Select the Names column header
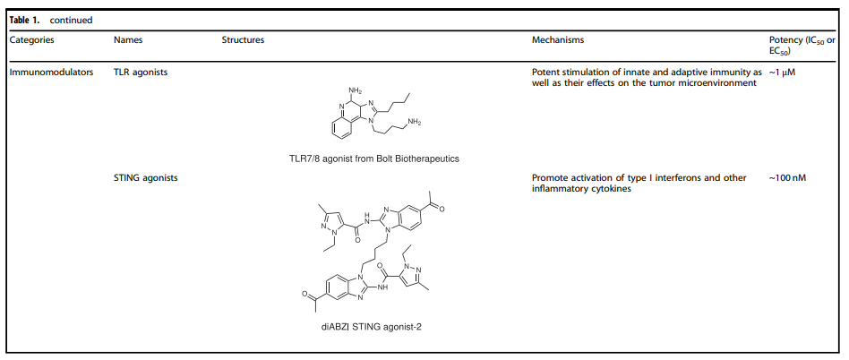coord(129,40)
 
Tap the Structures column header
coord(243,40)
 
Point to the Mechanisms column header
coord(558,40)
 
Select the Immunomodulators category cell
coord(51,72)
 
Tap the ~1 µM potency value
coord(782,72)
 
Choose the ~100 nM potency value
coord(787,178)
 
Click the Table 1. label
coord(25,19)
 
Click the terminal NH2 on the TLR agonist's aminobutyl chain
coord(414,122)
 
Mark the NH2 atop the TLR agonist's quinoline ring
coord(355,90)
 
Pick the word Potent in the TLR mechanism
coord(546,72)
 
